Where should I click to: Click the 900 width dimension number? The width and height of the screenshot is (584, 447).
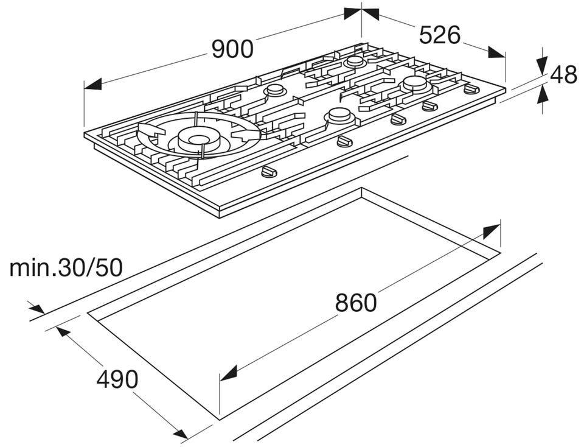pos(232,49)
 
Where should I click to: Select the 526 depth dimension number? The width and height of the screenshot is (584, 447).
pos(440,35)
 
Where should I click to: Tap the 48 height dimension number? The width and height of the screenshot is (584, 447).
pos(563,75)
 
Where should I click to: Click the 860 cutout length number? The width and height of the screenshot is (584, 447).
pos(356,302)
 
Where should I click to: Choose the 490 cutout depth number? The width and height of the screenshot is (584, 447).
pos(117,379)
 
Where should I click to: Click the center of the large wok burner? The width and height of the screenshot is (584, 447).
pos(197,139)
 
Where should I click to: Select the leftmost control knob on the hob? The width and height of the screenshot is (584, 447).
pos(268,172)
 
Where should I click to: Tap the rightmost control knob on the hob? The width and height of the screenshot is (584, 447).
pos(471,90)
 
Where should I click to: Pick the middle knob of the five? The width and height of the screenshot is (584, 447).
pos(398,119)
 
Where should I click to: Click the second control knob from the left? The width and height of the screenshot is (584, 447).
pos(344,142)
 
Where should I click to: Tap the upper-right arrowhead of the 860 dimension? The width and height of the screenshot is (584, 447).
pos(492,231)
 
